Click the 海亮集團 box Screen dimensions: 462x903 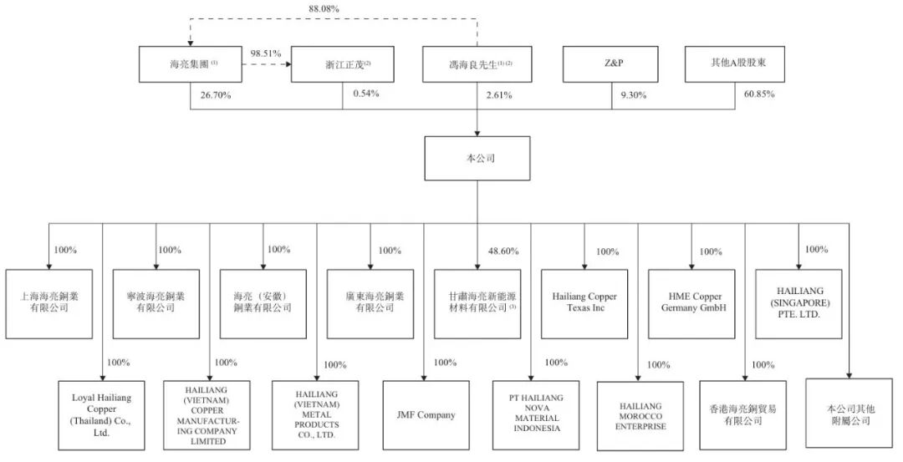pyautogui.click(x=191, y=64)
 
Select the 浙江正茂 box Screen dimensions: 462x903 pyautogui.click(x=342, y=64)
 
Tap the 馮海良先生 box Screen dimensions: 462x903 pyautogui.click(x=477, y=64)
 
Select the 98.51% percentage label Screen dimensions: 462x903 pyautogui.click(x=267, y=53)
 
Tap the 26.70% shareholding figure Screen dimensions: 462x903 pyautogui.click(x=216, y=95)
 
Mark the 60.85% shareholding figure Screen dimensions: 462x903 pyautogui.click(x=759, y=94)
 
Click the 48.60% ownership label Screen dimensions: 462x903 pyautogui.click(x=502, y=251)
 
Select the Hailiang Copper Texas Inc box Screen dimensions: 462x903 pyautogui.click(x=584, y=302)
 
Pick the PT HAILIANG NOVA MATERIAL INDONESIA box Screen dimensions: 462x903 pyautogui.click(x=530, y=413)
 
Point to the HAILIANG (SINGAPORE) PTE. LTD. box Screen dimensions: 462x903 pyautogui.click(x=798, y=302)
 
